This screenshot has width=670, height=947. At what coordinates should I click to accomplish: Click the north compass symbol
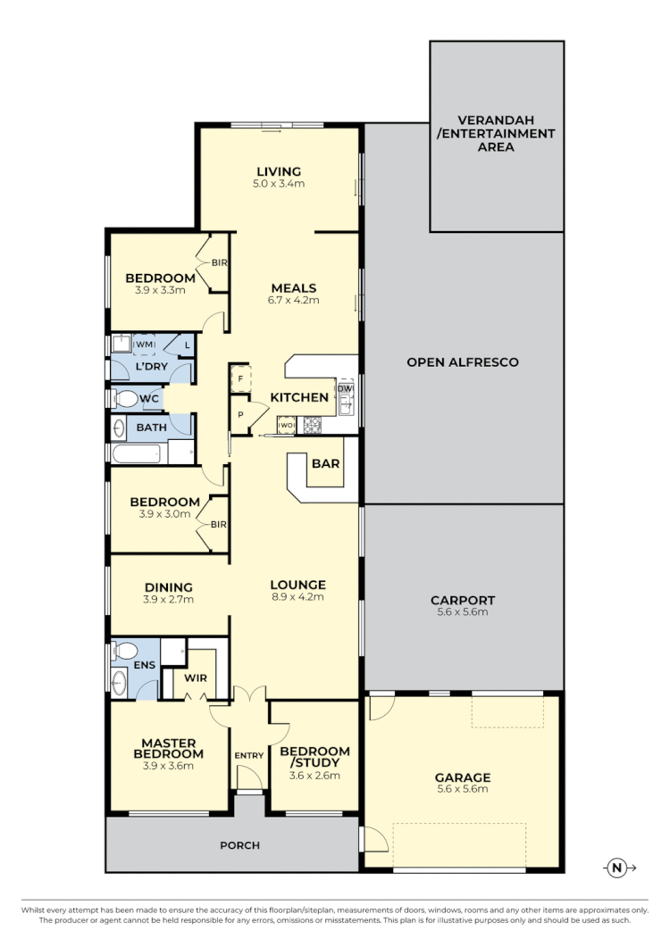click(x=616, y=867)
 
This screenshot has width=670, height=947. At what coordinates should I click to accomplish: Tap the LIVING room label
click(x=279, y=171)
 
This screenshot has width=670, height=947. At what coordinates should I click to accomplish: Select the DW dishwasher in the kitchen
click(x=346, y=387)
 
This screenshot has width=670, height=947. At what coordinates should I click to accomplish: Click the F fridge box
click(x=239, y=378)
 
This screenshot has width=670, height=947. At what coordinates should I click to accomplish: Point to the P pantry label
click(x=239, y=414)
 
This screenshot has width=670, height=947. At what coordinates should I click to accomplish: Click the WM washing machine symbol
click(x=144, y=345)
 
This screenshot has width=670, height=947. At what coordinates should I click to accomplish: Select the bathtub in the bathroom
click(x=137, y=454)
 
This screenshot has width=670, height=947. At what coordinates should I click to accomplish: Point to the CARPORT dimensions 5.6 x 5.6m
click(x=462, y=613)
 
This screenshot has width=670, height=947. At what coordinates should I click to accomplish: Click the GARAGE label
click(x=462, y=777)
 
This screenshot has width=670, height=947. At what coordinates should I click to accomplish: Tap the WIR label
click(x=196, y=678)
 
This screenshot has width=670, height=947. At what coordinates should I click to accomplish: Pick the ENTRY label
click(x=249, y=756)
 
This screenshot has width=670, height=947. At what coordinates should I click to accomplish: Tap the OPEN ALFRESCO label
click(x=462, y=362)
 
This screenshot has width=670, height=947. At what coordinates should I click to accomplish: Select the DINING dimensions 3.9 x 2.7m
click(x=169, y=599)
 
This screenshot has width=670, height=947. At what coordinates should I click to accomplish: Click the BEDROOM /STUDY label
click(x=314, y=758)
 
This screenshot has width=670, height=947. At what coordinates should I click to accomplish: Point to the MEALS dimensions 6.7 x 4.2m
click(x=294, y=301)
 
